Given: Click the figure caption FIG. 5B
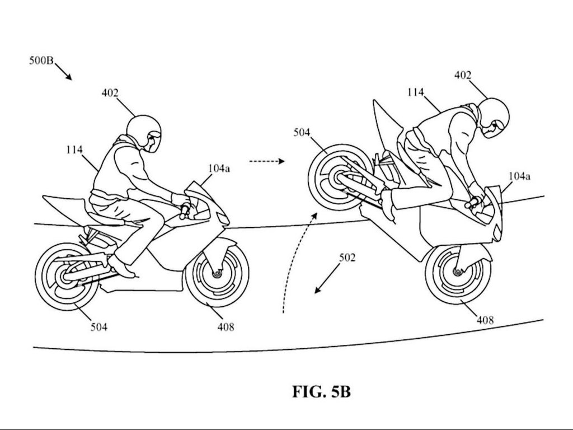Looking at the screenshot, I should pyautogui.click(x=321, y=391).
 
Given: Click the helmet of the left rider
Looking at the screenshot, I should pyautogui.click(x=143, y=132).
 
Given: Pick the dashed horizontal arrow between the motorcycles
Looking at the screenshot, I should pyautogui.click(x=267, y=161).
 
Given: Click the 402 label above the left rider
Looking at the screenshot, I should pyautogui.click(x=110, y=93).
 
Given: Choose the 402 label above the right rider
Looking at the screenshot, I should pyautogui.click(x=463, y=75).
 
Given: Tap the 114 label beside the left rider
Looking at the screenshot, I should pyautogui.click(x=74, y=149).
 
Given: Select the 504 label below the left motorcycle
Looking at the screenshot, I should pyautogui.click(x=99, y=327).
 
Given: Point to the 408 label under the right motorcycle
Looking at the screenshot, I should pyautogui.click(x=485, y=320).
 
